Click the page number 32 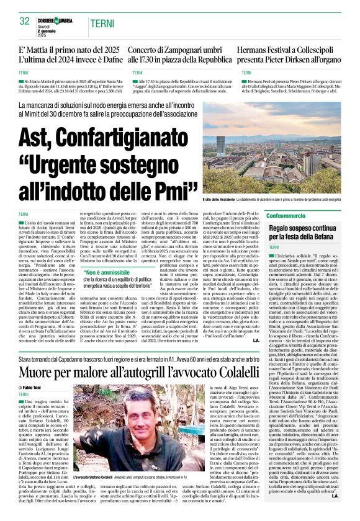click(x=25, y=21)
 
